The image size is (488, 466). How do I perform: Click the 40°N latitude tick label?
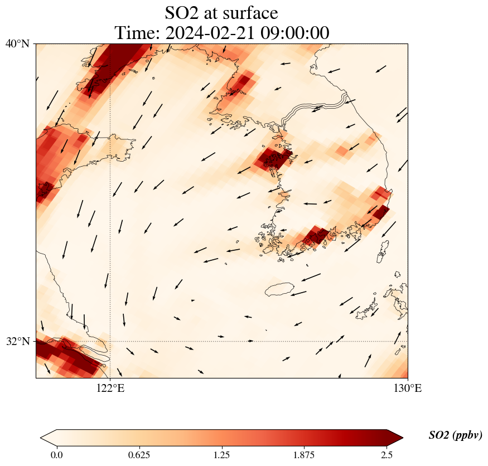[17, 43]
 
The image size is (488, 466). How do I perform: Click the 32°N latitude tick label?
[17, 341]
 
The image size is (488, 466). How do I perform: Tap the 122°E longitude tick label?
[110, 389]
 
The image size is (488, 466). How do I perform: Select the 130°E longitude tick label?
[408, 389]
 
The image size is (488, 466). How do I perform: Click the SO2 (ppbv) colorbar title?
[455, 435]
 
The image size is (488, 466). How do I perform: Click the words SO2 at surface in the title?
[221, 12]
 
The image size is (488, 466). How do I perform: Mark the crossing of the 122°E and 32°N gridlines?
[110, 341]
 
